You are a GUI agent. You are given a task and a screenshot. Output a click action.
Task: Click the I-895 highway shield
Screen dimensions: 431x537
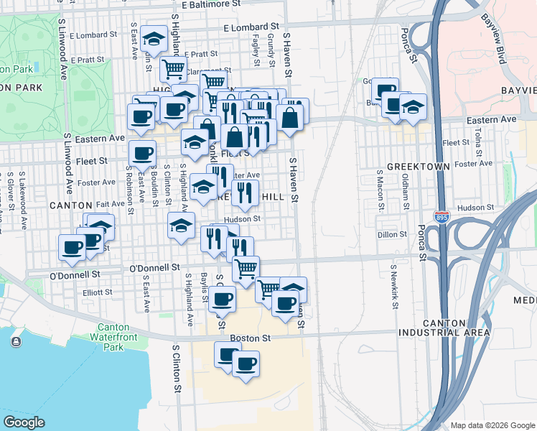(x=442, y=216)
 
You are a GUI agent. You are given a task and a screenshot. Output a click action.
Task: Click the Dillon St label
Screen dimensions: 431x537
(x=392, y=234)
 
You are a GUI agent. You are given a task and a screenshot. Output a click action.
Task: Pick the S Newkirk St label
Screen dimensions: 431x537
(x=394, y=287)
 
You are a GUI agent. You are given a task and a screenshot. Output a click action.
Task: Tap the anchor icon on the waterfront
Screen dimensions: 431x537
(x=15, y=341)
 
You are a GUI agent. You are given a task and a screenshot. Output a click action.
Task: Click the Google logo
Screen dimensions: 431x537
(x=24, y=422)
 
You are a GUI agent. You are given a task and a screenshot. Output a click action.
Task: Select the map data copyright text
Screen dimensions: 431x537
(x=492, y=425)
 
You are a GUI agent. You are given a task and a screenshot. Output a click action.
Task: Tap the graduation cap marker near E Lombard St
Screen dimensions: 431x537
(x=154, y=38)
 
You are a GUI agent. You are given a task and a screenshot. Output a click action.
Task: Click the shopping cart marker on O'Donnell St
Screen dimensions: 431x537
(x=246, y=268)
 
